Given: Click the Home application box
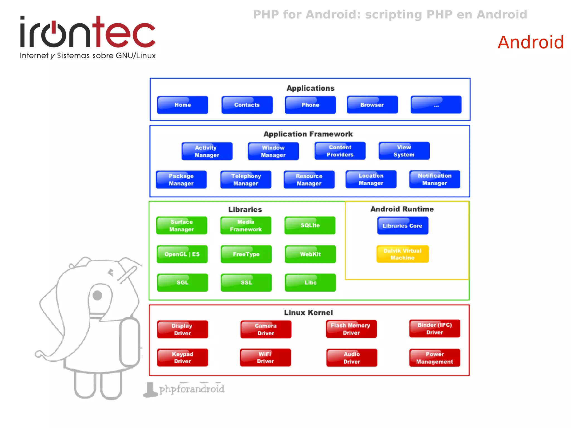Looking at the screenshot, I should [183, 105].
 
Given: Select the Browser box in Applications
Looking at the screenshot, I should [372, 105].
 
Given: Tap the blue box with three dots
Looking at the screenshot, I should [436, 105].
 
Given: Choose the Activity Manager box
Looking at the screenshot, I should [207, 151].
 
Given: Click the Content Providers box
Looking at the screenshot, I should [340, 151].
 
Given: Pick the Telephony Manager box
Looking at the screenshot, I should [246, 180].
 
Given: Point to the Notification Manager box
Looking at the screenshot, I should [435, 179].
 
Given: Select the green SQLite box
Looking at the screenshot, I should [310, 225].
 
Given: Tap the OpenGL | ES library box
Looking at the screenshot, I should [182, 254].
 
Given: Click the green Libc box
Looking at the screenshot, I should [310, 282].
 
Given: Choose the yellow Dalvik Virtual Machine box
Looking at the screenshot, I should [402, 254].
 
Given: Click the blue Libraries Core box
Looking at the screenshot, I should [403, 226].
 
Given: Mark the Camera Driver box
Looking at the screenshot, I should [266, 329].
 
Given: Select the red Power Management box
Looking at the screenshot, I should [435, 358].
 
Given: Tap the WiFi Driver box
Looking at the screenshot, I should [265, 357].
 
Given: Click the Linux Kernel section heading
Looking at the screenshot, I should [308, 313].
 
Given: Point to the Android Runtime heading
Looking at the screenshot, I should [402, 209].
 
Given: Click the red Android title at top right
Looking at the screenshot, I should [531, 42].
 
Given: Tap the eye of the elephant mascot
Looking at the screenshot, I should [97, 295].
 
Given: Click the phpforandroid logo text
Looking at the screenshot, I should [192, 389].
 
